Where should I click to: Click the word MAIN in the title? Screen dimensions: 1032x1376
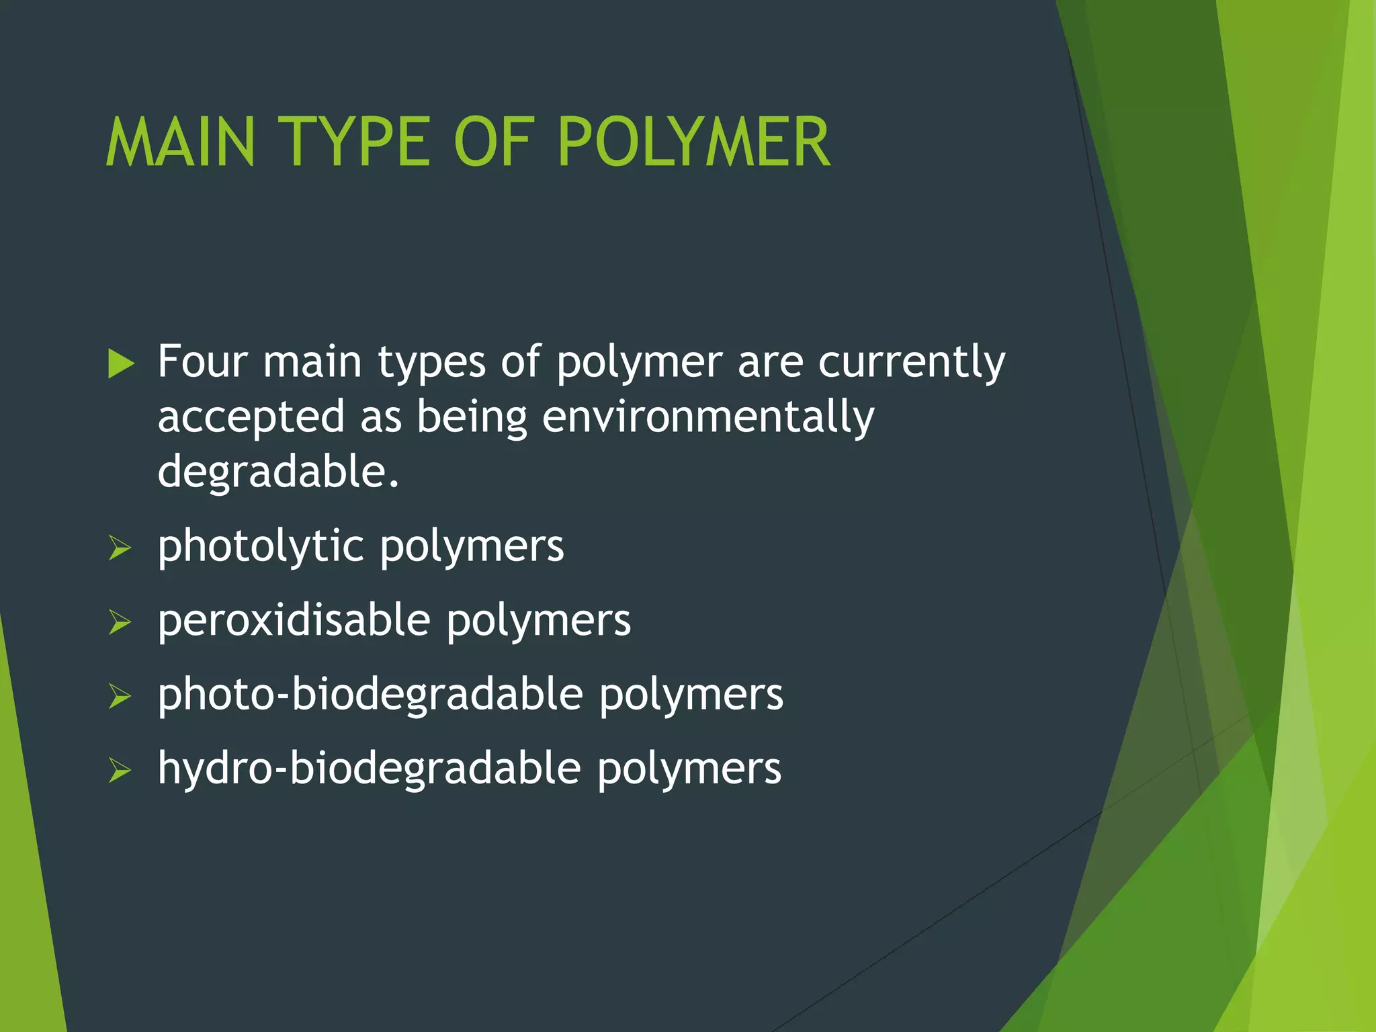point(180,142)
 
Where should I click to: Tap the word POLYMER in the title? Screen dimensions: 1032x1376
point(694,142)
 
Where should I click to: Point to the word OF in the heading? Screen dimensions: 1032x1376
point(494,142)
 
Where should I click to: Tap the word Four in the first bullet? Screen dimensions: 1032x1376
point(202,362)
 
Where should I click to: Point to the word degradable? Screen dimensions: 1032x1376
point(278,472)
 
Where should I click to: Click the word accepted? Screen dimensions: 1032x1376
point(251,417)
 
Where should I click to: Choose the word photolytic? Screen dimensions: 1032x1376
point(261,546)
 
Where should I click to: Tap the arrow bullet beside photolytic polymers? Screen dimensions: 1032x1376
point(120,548)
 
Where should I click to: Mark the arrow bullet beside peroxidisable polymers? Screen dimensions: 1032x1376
point(120,622)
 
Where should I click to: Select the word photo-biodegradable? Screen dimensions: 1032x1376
point(370,694)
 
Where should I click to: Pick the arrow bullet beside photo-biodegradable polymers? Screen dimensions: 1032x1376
point(120,697)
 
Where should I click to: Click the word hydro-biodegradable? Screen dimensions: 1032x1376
point(369,768)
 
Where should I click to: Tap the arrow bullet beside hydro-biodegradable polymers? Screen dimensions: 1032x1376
point(120,771)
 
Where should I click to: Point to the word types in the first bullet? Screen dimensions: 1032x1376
point(431,363)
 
